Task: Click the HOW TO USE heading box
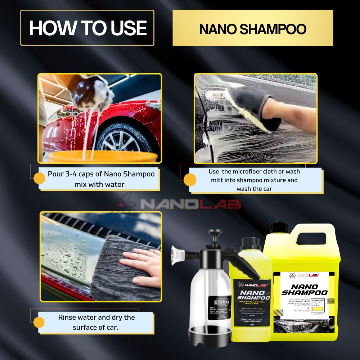pos(87,28)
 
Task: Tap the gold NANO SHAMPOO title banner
pos(253,28)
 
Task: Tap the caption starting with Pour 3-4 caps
pos(99,179)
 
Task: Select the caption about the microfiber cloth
pos(255,180)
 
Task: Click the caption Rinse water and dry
pos(96,322)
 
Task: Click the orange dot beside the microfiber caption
pos(190,180)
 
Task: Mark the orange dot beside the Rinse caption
pos(39,322)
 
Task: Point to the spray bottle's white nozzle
pos(177,253)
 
